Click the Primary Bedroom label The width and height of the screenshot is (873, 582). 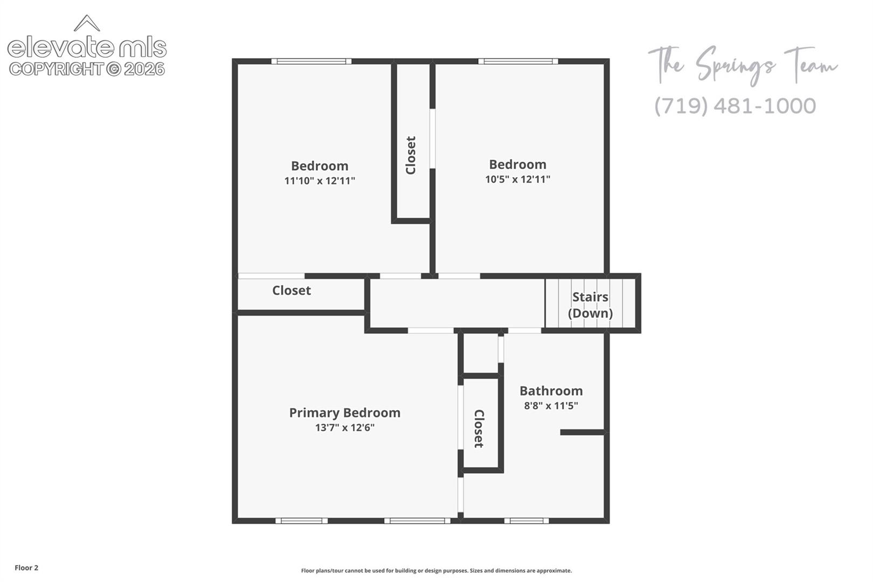(344, 413)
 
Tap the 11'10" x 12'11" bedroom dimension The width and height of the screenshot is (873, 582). (320, 181)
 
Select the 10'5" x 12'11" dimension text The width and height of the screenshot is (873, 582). (517, 179)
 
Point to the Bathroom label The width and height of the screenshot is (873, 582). (551, 391)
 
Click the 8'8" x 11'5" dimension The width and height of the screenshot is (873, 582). (551, 406)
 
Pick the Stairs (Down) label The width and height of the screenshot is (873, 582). (590, 305)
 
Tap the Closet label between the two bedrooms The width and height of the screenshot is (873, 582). (411, 155)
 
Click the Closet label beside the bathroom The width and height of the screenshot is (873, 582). (479, 428)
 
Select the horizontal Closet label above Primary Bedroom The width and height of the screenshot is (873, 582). (292, 290)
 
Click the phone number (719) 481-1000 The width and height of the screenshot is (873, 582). (735, 106)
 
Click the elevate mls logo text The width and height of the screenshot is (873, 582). (87, 47)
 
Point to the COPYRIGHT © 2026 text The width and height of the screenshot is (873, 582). (87, 70)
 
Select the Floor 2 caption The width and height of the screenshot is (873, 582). (26, 567)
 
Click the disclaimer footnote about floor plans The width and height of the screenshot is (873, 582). (436, 571)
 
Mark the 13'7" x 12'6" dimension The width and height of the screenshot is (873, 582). (344, 428)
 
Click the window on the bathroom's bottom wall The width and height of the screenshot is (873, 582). (526, 521)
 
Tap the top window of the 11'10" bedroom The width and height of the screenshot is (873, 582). (311, 61)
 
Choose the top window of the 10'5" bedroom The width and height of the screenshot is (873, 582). (518, 61)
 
